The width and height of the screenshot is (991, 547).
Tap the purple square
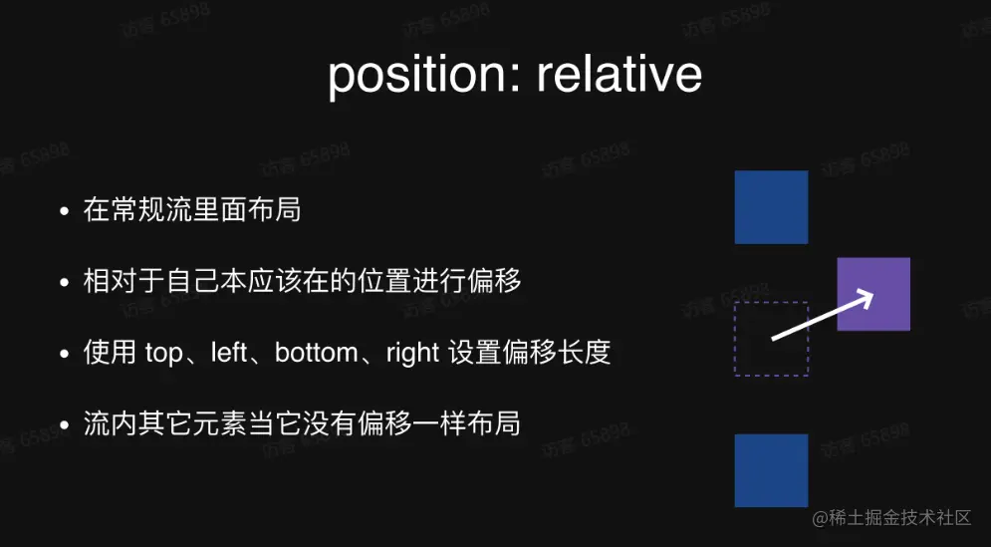click(x=873, y=294)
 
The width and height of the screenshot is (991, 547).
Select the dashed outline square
click(x=735, y=339)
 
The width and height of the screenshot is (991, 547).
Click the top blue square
click(x=771, y=207)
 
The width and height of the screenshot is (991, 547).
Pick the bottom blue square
click(x=771, y=470)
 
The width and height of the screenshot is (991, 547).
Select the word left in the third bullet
click(x=229, y=353)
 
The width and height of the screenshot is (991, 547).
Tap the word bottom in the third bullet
click(x=315, y=353)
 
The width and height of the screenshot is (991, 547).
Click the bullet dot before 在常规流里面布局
click(x=64, y=211)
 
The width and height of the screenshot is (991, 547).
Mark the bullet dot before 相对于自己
click(x=64, y=283)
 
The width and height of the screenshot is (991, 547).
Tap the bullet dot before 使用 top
click(x=64, y=354)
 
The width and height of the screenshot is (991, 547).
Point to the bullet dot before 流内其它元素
click(x=64, y=425)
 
